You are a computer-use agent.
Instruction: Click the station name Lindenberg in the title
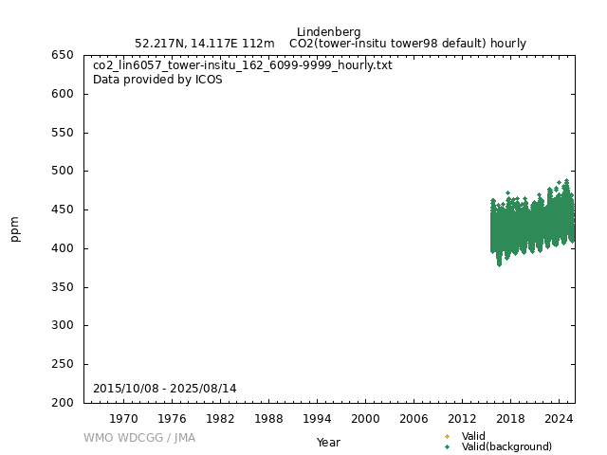pos(328,32)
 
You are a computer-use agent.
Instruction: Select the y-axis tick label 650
pos(64,55)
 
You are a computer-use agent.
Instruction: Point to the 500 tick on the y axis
pos(64,172)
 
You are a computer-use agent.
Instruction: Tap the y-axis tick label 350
pos(64,287)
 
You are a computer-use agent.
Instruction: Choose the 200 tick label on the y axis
pos(64,403)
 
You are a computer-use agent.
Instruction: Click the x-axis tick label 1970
pos(123,418)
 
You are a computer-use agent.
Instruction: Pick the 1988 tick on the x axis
pos(268,418)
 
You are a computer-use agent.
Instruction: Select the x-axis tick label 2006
pos(414,418)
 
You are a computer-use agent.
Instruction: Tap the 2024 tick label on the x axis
pos(559,418)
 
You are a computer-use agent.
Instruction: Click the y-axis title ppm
pos(15,228)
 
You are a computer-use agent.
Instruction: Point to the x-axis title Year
pos(328,443)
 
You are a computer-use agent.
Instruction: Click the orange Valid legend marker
pos(447,437)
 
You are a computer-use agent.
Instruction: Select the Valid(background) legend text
pos(506,446)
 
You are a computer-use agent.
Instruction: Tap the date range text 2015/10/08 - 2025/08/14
pos(165,389)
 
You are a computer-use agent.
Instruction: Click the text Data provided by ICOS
pos(157,80)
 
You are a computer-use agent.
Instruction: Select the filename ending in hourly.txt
pos(242,65)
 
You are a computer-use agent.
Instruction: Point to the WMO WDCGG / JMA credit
pos(139,438)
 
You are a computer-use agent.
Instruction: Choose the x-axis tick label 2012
pos(462,418)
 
